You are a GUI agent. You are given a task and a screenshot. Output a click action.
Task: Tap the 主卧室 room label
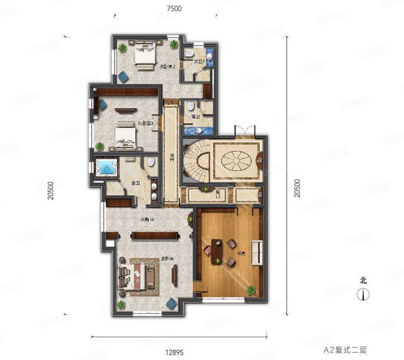[167, 258]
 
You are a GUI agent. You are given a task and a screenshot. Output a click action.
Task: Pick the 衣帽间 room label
[147, 220]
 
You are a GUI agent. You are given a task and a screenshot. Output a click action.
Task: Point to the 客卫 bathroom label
[195, 116]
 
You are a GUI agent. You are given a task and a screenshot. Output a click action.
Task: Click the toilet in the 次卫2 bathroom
[189, 53]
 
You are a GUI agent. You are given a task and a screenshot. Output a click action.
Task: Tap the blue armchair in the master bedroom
[172, 303]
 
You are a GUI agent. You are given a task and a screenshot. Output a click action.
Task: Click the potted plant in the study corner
[250, 290]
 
